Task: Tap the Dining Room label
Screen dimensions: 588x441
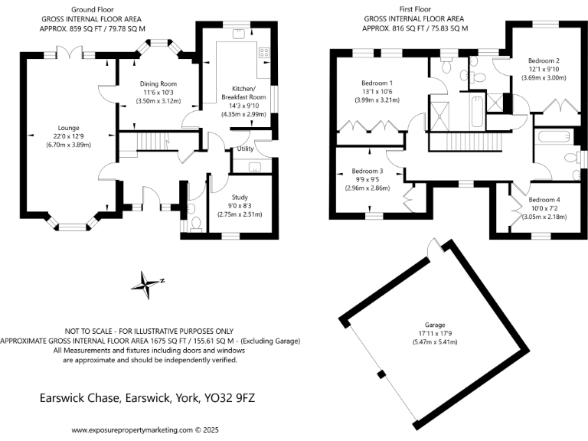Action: [158, 83]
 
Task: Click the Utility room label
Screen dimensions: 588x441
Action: [245, 149]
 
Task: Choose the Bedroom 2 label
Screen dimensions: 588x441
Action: [543, 60]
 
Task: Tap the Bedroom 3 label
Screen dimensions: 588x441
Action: [367, 171]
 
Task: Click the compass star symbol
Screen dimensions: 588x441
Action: [145, 284]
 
